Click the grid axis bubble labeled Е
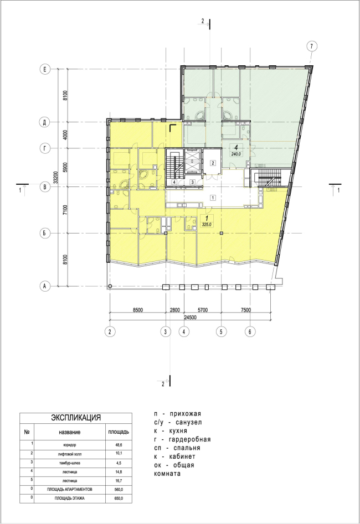[44, 70]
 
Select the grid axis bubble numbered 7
[312, 46]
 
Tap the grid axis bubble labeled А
[44, 286]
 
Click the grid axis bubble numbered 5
[221, 331]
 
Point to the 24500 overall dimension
[190, 318]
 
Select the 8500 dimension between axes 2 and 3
[137, 310]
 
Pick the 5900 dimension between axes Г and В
[65, 168]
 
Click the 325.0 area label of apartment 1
[207, 225]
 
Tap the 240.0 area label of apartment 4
[236, 154]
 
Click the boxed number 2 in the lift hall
[213, 163]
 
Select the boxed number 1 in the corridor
[213, 198]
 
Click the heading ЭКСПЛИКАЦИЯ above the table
[76, 418]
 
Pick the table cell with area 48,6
[119, 445]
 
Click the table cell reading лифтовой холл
[70, 454]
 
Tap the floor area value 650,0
[119, 498]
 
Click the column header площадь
[119, 432]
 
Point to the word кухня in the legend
[178, 430]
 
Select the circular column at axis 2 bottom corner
[110, 286]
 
